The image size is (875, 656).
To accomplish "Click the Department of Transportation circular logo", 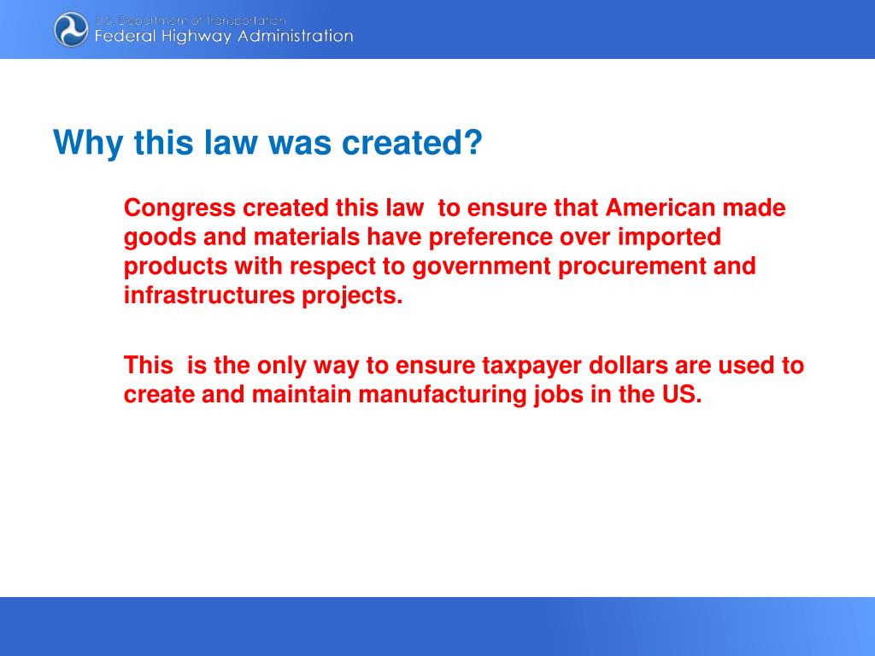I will click(71, 29).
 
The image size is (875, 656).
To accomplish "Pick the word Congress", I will click(179, 208).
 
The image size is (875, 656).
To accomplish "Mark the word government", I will click(482, 266).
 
